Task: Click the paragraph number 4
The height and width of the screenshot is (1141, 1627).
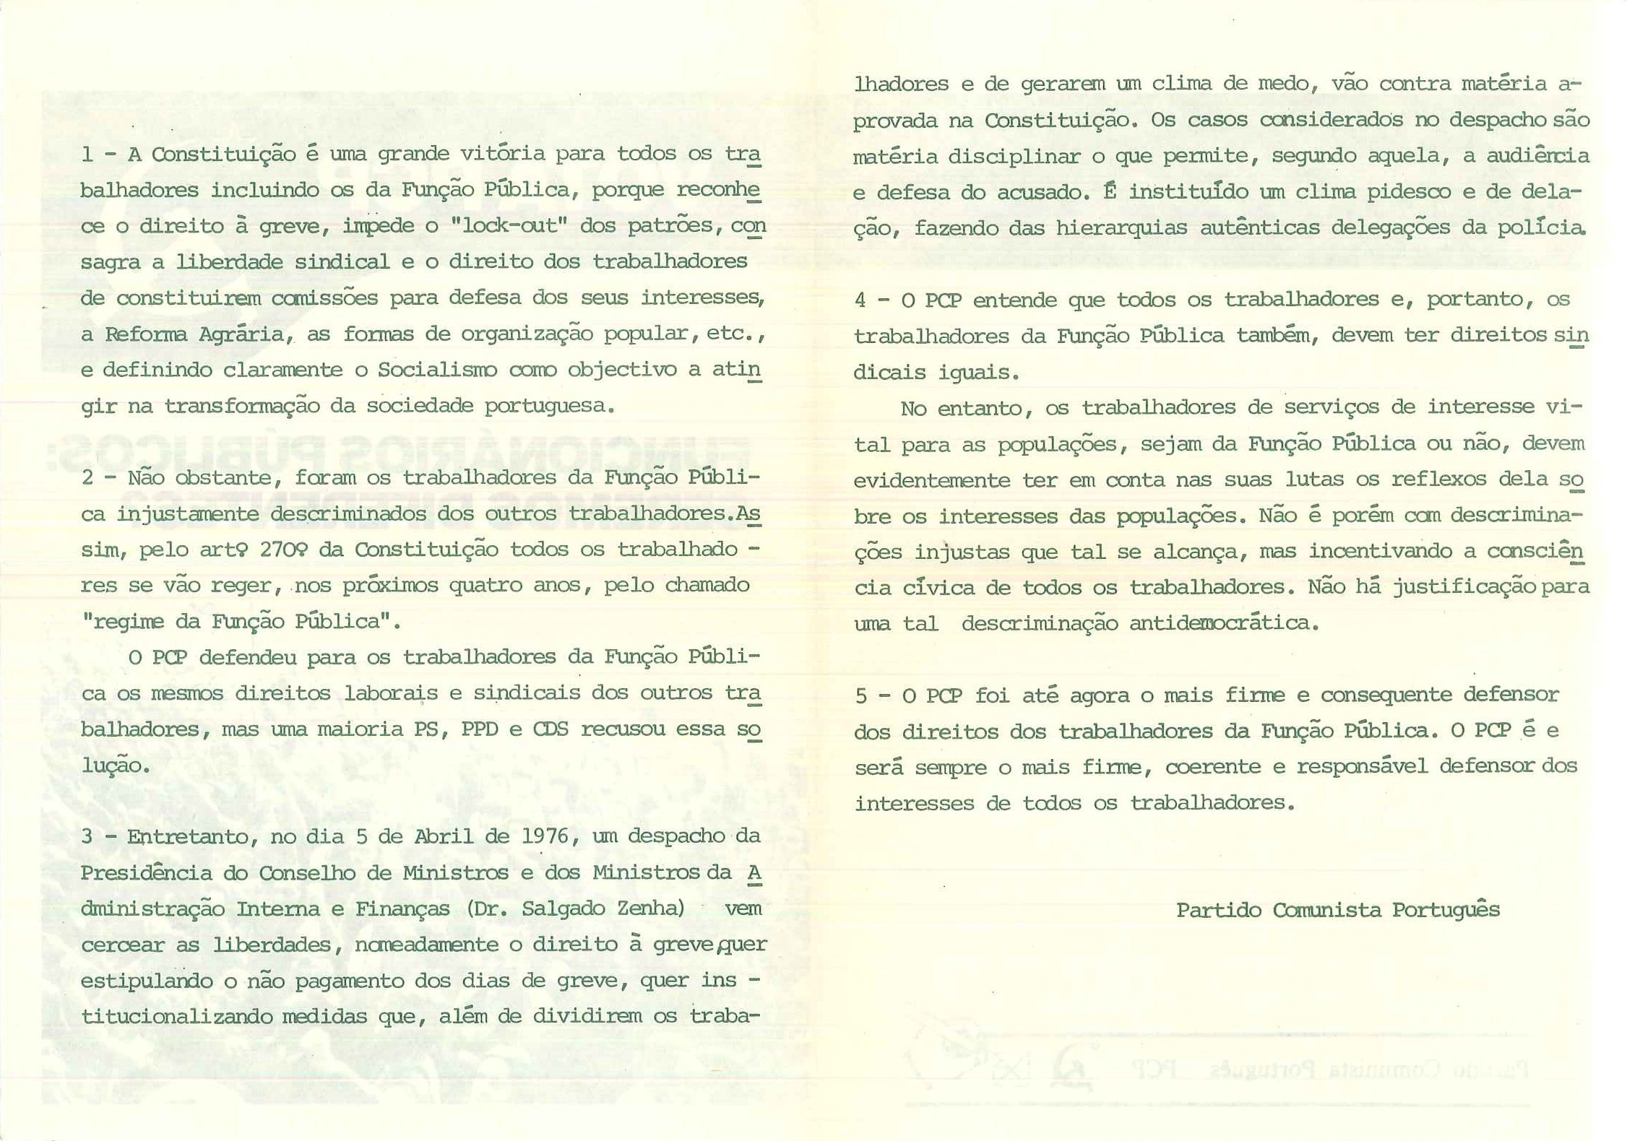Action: pos(860,300)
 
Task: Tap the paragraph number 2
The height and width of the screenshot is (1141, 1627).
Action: pos(87,477)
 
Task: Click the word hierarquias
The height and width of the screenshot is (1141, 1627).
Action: pos(1121,228)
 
